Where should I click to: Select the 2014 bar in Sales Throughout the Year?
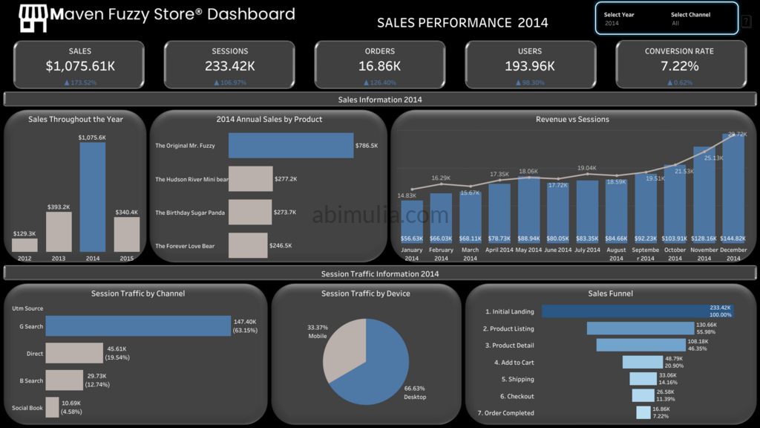click(x=93, y=197)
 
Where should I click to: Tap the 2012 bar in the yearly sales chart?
click(x=24, y=245)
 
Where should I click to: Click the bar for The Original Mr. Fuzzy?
click(x=291, y=146)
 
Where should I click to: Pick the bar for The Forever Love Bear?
click(x=248, y=246)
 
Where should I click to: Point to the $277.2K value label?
click(x=285, y=179)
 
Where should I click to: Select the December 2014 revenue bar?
click(x=733, y=193)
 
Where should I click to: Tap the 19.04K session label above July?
click(x=587, y=169)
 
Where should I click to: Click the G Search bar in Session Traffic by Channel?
click(x=138, y=326)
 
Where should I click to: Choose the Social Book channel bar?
click(x=52, y=407)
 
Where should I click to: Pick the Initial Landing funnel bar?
click(x=628, y=311)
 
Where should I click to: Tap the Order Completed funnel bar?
click(x=643, y=412)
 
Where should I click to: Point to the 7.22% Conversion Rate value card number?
click(x=679, y=66)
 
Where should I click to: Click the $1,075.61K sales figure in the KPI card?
click(x=80, y=66)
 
